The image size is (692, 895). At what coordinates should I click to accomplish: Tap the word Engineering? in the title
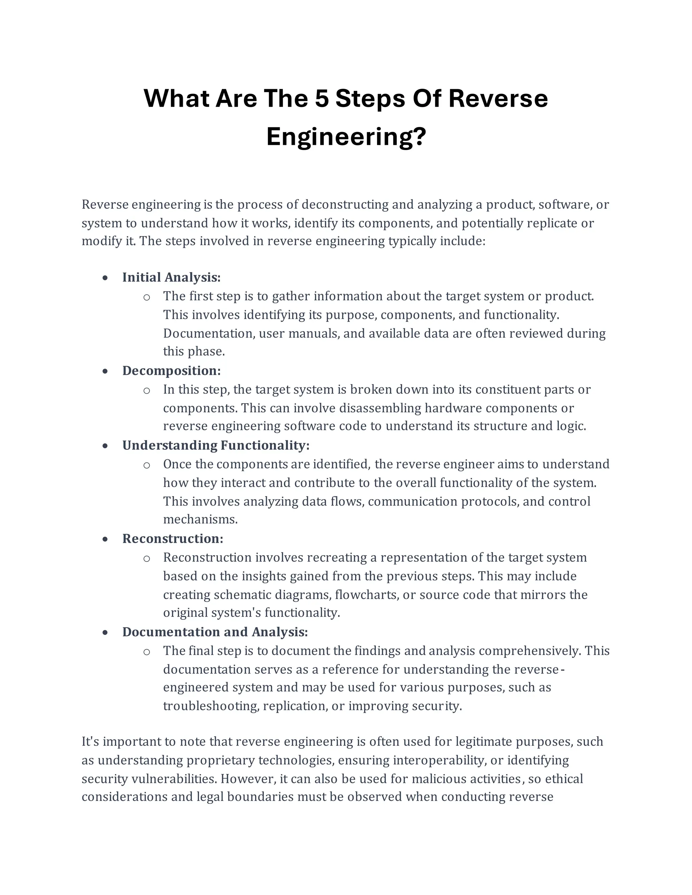click(346, 136)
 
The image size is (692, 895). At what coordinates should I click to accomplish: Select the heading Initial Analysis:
click(171, 277)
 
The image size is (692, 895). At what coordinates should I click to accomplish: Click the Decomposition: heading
click(171, 371)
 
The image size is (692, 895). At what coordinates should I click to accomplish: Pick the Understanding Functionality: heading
click(216, 445)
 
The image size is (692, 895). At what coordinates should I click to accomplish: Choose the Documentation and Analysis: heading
click(215, 632)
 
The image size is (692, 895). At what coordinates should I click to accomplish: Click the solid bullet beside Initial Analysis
click(105, 278)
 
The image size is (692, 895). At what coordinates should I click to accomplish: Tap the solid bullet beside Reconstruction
click(105, 539)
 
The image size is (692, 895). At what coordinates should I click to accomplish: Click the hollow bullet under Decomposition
click(147, 390)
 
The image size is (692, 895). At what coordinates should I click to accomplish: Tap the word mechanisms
click(200, 520)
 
